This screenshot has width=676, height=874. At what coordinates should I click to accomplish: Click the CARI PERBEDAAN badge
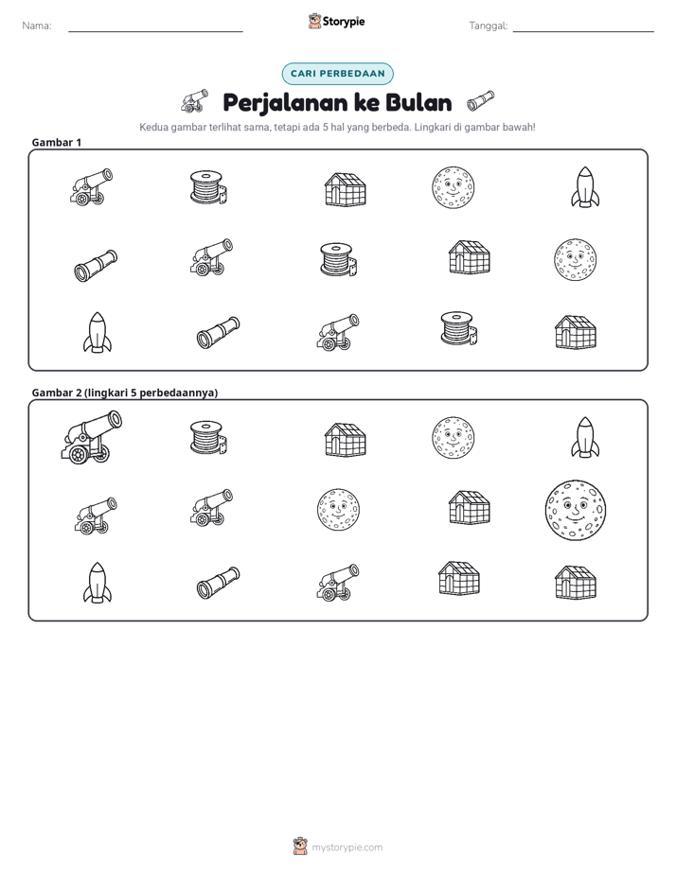[x=337, y=74]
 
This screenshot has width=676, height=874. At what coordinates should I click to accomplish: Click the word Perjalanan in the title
[x=286, y=103]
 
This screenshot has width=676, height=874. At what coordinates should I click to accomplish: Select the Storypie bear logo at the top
[x=314, y=21]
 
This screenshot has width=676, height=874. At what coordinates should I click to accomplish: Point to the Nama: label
[x=37, y=26]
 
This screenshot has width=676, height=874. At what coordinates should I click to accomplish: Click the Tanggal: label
[x=488, y=26]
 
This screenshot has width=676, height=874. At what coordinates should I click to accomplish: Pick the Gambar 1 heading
[x=57, y=142]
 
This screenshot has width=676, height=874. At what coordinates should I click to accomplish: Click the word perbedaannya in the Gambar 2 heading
[x=179, y=393]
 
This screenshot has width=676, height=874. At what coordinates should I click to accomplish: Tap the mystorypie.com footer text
[x=347, y=848]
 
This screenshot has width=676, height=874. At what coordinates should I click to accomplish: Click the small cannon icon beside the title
[x=195, y=101]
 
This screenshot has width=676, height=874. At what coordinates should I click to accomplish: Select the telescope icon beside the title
[x=480, y=99]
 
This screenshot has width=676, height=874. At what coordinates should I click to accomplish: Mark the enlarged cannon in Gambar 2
[x=91, y=436]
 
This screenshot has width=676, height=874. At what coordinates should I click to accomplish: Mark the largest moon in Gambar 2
[x=575, y=511]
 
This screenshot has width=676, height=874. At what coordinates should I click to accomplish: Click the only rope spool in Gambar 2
[x=208, y=438]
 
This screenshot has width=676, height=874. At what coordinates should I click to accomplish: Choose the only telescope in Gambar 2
[x=218, y=583]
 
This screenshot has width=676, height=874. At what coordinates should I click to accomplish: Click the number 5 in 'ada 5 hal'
[x=325, y=127]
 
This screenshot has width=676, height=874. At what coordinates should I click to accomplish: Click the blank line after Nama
[x=155, y=31]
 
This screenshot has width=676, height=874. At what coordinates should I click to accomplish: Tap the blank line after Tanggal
[x=583, y=31]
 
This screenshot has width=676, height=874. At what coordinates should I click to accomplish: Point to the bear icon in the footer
[x=300, y=847]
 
